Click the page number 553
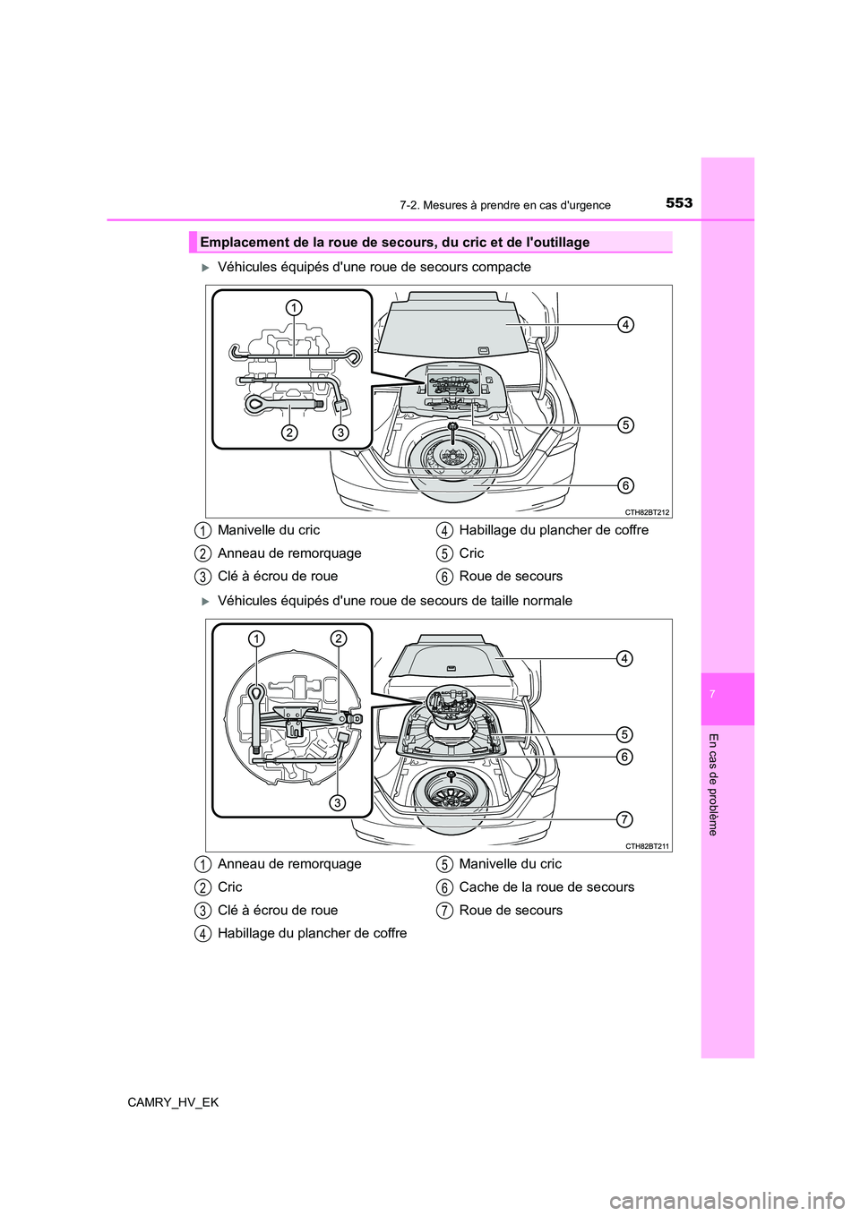679,202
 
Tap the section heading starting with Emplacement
395,243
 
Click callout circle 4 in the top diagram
625,324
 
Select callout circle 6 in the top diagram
625,485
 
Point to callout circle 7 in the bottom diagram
625,818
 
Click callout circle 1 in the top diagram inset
294,308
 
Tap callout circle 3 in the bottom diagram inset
337,803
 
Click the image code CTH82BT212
648,512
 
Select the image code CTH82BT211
648,846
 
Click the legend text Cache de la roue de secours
546,887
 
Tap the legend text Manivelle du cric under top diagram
269,530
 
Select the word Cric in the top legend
471,553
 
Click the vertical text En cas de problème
713,784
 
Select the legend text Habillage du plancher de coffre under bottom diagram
312,933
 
